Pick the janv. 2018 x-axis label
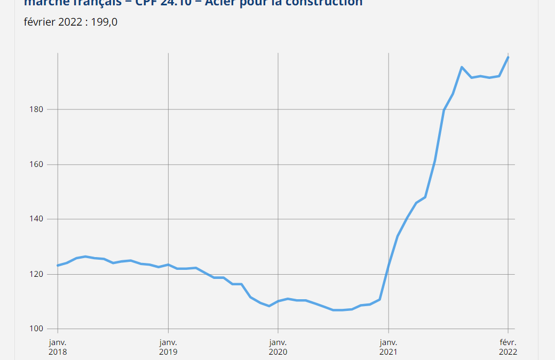point(58,347)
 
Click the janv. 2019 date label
point(168,347)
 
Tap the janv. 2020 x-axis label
point(278,347)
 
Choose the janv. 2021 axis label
point(388,347)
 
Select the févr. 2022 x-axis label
point(508,347)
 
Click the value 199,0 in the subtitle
point(106,22)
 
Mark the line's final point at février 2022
point(508,57)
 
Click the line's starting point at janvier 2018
point(58,265)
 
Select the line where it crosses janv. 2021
point(388,265)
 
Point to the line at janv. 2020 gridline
point(278,301)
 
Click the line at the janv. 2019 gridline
point(168,265)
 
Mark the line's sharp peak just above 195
point(462,67)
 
